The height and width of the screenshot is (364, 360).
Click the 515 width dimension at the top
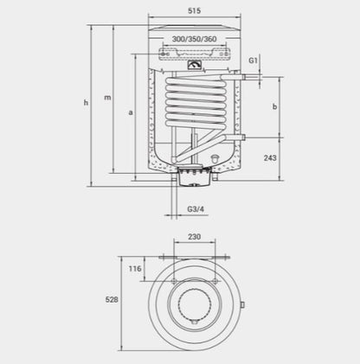[195, 10]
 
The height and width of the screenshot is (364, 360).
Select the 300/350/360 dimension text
[194, 39]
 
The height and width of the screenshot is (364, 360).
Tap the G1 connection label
[253, 61]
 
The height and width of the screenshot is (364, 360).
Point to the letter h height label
[86, 102]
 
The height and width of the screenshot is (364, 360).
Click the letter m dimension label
[107, 98]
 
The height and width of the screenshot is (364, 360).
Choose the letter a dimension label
[131, 112]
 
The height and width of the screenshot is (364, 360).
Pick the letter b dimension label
[275, 106]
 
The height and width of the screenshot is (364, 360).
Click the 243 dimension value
[270, 157]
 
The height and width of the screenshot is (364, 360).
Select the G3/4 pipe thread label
[196, 209]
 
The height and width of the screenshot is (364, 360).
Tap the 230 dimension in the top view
[195, 237]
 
